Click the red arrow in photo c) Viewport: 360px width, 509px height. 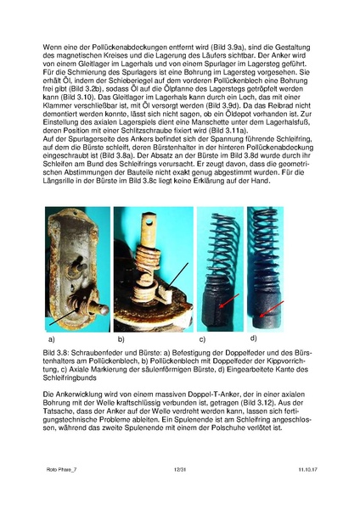223,301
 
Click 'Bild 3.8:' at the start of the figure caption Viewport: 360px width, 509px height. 57,350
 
